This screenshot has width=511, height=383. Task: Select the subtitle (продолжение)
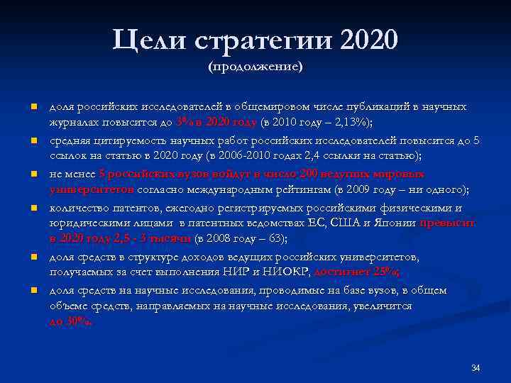(255, 67)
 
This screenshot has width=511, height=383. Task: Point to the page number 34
(476, 367)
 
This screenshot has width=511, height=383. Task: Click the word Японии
(395, 223)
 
